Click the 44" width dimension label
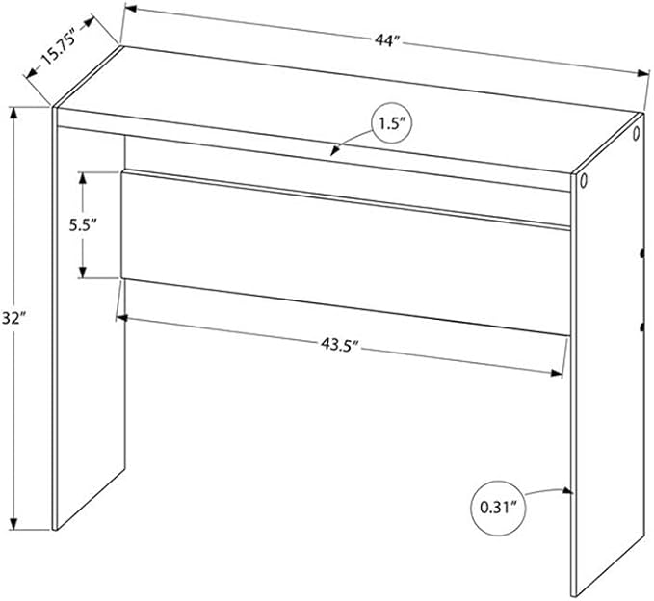(x=387, y=41)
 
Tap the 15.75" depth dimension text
(x=59, y=46)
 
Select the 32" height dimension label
(x=13, y=319)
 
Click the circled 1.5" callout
(x=391, y=123)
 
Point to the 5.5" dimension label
(x=83, y=225)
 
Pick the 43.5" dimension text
(x=339, y=345)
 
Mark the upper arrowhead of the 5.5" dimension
(x=83, y=177)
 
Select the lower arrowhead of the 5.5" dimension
(x=83, y=272)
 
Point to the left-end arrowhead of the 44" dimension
(x=131, y=8)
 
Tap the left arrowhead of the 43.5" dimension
(x=121, y=318)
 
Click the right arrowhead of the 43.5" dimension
(x=557, y=373)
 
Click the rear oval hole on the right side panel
(x=636, y=134)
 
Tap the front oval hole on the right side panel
(x=583, y=181)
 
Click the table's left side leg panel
(x=90, y=326)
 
